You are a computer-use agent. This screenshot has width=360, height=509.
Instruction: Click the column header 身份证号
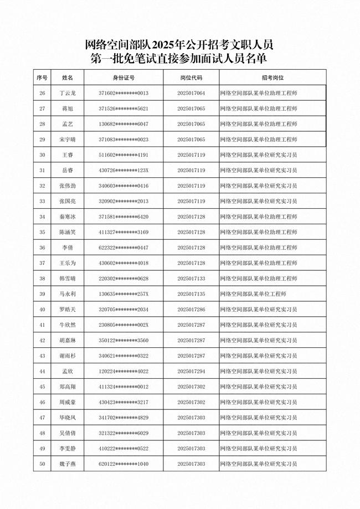click(124, 78)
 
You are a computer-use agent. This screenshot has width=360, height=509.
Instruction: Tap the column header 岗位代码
click(191, 78)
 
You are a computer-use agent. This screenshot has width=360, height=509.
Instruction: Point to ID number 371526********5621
click(124, 109)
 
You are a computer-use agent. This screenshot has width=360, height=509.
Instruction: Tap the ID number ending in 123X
click(124, 170)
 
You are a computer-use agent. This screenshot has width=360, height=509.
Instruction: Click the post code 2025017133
click(191, 278)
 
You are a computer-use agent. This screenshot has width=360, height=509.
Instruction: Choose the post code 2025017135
click(191, 294)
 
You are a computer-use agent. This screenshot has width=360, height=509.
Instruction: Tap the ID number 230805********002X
click(124, 325)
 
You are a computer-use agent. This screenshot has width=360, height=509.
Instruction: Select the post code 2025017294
click(191, 371)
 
